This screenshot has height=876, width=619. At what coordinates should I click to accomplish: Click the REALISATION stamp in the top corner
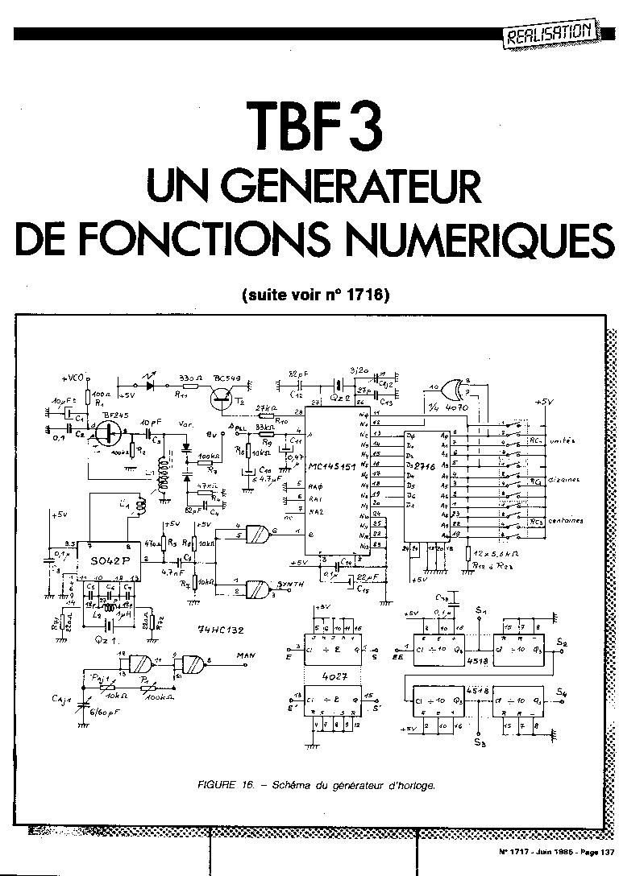pos(553,35)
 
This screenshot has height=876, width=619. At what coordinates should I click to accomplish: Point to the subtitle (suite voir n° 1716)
pos(314,295)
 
